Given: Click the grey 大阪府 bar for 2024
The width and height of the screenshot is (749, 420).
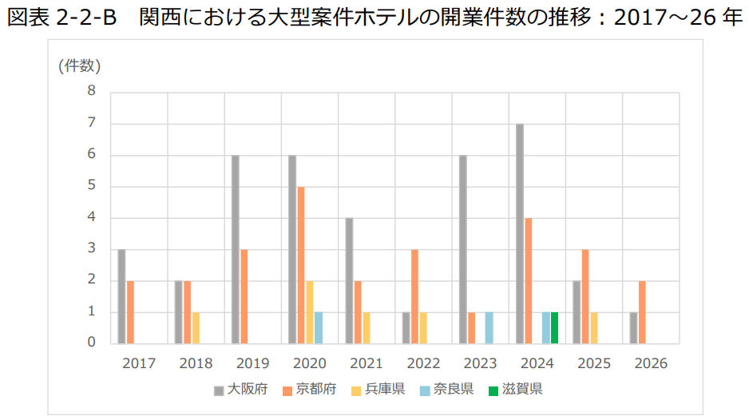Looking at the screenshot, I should tap(520, 233).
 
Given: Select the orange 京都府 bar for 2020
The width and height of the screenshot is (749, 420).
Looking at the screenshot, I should tap(301, 264).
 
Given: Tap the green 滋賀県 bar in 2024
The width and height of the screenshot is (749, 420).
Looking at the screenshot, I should tap(554, 327).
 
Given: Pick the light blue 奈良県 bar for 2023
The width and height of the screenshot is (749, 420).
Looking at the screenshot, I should tap(489, 327).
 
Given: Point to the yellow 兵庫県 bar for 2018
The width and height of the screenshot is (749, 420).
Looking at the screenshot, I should tap(196, 327).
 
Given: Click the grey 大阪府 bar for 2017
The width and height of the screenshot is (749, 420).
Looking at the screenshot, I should tap(121, 295).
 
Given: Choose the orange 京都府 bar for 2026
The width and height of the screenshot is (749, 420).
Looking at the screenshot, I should tap(642, 311).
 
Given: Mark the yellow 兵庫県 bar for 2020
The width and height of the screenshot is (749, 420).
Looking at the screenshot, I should tap(310, 311).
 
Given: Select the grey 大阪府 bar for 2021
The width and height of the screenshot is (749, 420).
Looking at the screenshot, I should tap(349, 280).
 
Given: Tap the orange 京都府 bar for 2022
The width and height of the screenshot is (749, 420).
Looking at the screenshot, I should tap(414, 295).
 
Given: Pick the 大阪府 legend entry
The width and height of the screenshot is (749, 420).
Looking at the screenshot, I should tap(240, 390).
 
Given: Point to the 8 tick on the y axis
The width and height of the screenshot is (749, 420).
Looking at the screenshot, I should tap(91, 91).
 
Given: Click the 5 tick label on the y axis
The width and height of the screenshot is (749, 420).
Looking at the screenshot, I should tap(91, 186).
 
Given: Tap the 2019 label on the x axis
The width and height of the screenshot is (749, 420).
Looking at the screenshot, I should tap(252, 363).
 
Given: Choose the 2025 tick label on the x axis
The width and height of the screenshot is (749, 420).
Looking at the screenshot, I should tap(593, 363).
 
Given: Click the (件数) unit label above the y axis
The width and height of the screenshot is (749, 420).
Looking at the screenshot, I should tap(79, 65).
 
